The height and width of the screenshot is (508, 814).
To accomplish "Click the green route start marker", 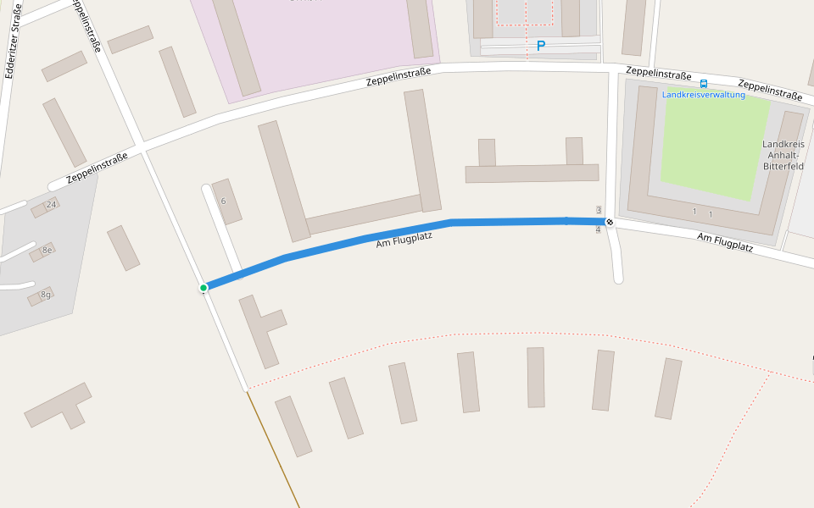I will pos(203,288).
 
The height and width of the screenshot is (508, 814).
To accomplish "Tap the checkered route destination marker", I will pos(609,222).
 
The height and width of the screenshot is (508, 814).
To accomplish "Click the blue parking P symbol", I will pos(540,46).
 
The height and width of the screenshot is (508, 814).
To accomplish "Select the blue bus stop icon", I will pos(704,84).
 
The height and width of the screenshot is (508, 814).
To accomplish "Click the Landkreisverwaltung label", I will pos(703,95).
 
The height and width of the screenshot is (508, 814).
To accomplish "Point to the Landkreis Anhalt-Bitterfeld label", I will pos(783,155).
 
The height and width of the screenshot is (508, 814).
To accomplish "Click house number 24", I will pos(51,205).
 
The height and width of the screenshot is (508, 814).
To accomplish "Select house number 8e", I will pos(47,250).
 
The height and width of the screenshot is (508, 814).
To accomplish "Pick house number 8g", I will pos(46,294).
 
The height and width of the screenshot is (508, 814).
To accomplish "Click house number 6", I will pos(223,201).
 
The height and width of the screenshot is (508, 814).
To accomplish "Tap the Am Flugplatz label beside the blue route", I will pos(404,240).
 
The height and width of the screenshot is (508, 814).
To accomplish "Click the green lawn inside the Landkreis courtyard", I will pos(712,144).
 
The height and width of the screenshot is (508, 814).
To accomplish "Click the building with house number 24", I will pos(40,208).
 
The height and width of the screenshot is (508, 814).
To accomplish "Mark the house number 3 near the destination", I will pos(599,210).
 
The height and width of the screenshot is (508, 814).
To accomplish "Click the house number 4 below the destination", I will pos(599,230).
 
